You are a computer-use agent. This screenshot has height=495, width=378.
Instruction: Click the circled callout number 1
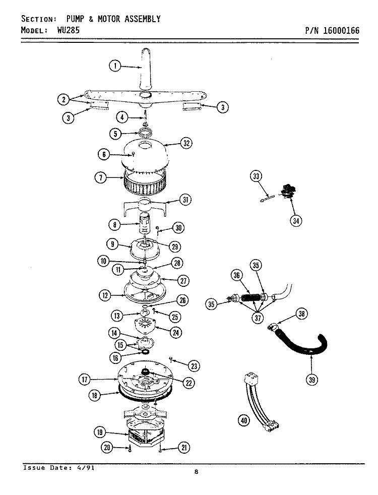[115, 66]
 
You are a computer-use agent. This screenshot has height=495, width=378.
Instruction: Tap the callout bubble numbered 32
[186, 143]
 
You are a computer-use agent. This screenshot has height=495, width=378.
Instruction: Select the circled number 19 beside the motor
[100, 432]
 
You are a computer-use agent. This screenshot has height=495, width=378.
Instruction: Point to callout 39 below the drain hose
[312, 379]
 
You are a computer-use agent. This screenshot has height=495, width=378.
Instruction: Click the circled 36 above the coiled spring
[237, 275]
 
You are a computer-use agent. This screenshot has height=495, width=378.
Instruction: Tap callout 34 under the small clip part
[296, 221]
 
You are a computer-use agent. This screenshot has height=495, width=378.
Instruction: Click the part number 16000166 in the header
[341, 31]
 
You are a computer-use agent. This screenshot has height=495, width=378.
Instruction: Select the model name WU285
[69, 30]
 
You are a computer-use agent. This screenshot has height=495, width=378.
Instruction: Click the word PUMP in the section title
[76, 19]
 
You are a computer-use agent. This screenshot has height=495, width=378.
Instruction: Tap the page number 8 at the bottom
[196, 472]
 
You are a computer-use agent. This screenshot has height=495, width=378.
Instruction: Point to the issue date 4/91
[86, 468]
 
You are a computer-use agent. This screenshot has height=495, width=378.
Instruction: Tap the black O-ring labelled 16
[145, 352]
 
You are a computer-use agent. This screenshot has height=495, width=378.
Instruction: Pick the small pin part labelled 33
[267, 198]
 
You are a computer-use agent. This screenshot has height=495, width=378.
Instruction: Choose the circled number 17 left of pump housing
[84, 379]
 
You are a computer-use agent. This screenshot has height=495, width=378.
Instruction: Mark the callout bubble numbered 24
[176, 332]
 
